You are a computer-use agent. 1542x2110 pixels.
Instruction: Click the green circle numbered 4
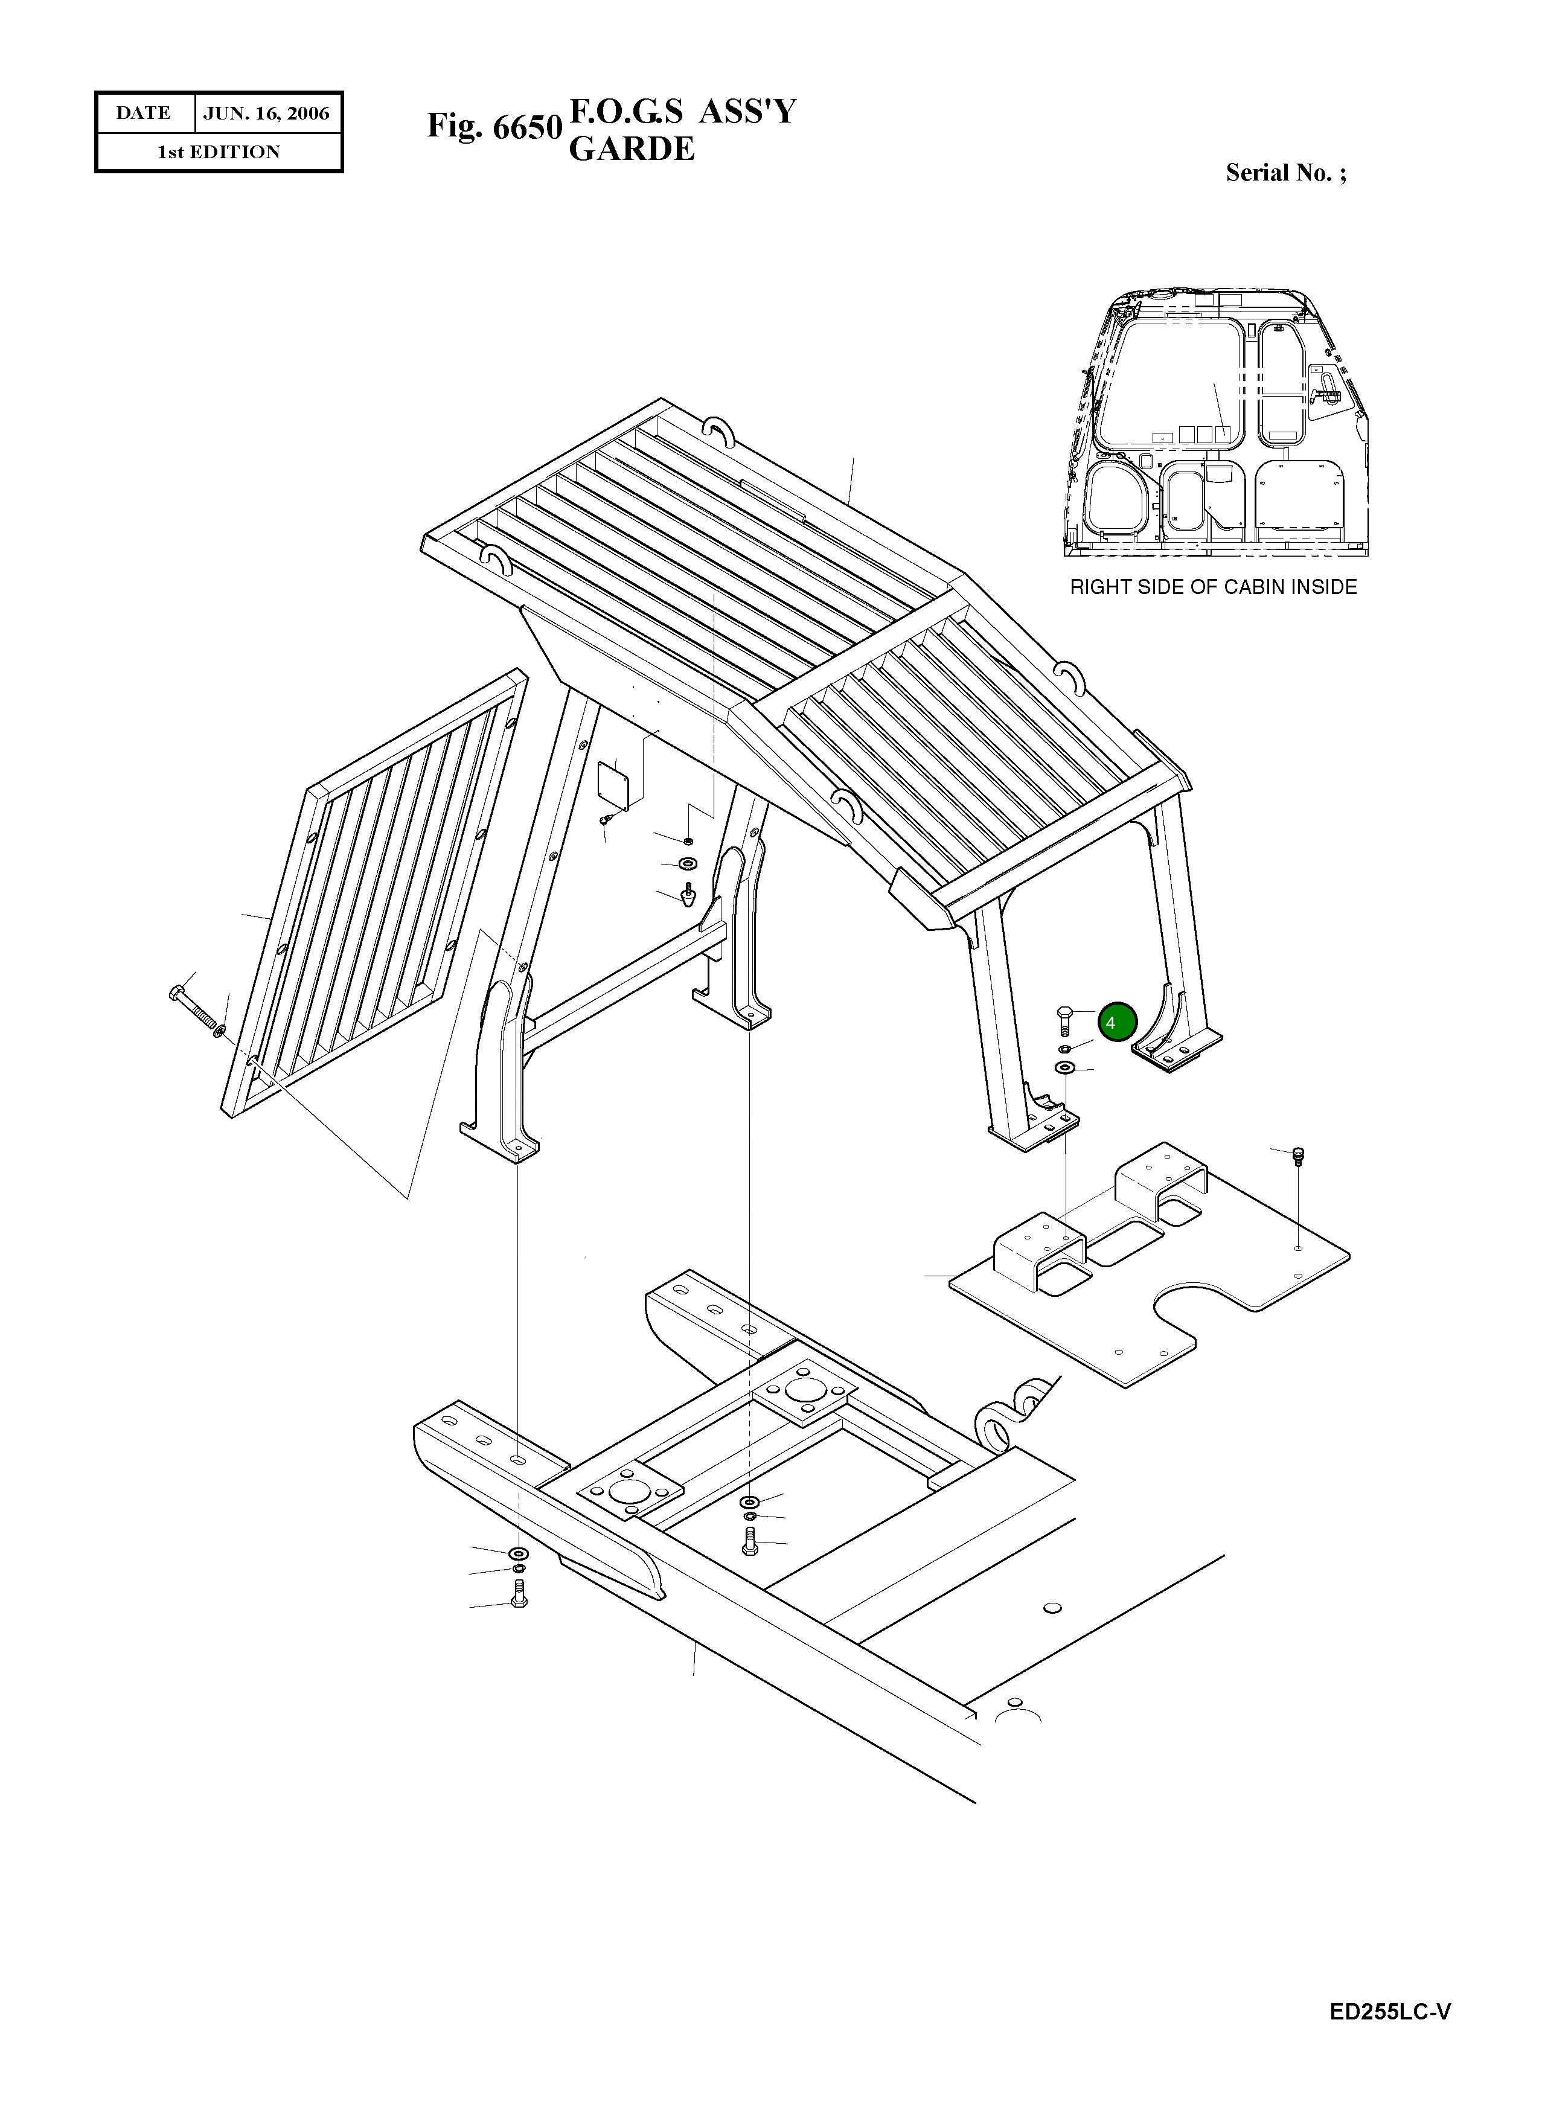(1118, 1022)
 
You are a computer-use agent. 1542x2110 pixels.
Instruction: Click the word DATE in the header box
(143, 113)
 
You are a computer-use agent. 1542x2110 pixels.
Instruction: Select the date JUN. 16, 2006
(266, 113)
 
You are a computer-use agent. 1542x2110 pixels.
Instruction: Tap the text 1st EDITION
(219, 152)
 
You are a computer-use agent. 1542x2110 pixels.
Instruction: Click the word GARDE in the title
(632, 149)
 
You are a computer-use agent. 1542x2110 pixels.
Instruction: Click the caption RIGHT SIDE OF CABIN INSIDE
(1212, 587)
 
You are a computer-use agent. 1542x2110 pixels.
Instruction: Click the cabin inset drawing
(1215, 424)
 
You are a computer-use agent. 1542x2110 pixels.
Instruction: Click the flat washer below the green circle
(1064, 1067)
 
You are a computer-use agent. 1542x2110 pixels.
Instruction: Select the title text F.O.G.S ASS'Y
(682, 111)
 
